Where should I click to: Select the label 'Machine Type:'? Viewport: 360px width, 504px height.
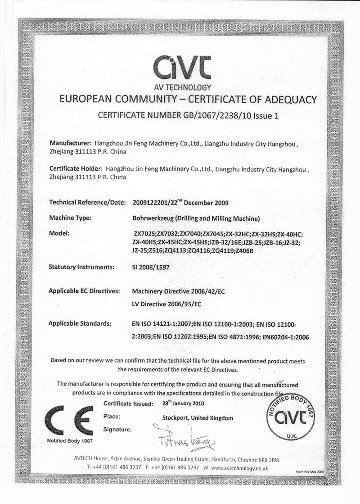click(70, 218)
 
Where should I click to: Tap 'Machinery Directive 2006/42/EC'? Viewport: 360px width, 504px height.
click(179, 291)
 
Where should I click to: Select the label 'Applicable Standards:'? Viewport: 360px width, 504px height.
click(80, 323)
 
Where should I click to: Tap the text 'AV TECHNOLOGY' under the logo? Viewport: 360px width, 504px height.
click(180, 87)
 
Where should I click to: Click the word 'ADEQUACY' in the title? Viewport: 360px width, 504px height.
click(286, 99)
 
